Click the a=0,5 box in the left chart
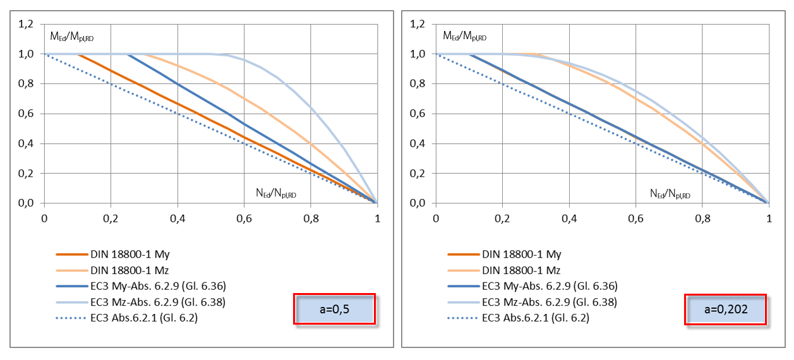pyautogui.click(x=334, y=309)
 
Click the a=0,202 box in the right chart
pyautogui.click(x=725, y=309)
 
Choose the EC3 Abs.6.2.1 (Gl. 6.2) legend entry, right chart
pyautogui.click(x=535, y=318)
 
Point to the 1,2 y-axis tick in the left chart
pyautogui.click(x=27, y=24)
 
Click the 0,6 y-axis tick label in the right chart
pyautogui.click(x=418, y=114)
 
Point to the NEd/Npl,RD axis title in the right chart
pyautogui.click(x=670, y=194)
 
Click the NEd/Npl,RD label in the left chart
pyautogui.click(x=275, y=194)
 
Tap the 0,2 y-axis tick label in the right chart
pyautogui.click(x=418, y=174)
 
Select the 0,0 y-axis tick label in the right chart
pyautogui.click(x=418, y=203)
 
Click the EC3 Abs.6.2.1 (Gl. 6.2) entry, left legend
pyautogui.click(x=144, y=318)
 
